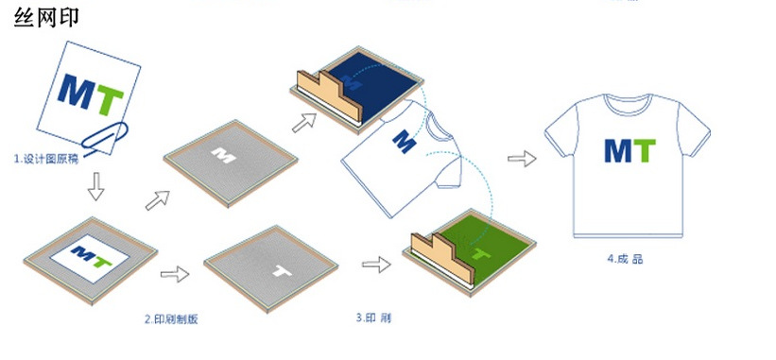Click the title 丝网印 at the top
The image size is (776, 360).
pos(46,19)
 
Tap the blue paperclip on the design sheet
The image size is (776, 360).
pos(107,135)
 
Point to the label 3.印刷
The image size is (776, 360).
pos(373,318)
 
